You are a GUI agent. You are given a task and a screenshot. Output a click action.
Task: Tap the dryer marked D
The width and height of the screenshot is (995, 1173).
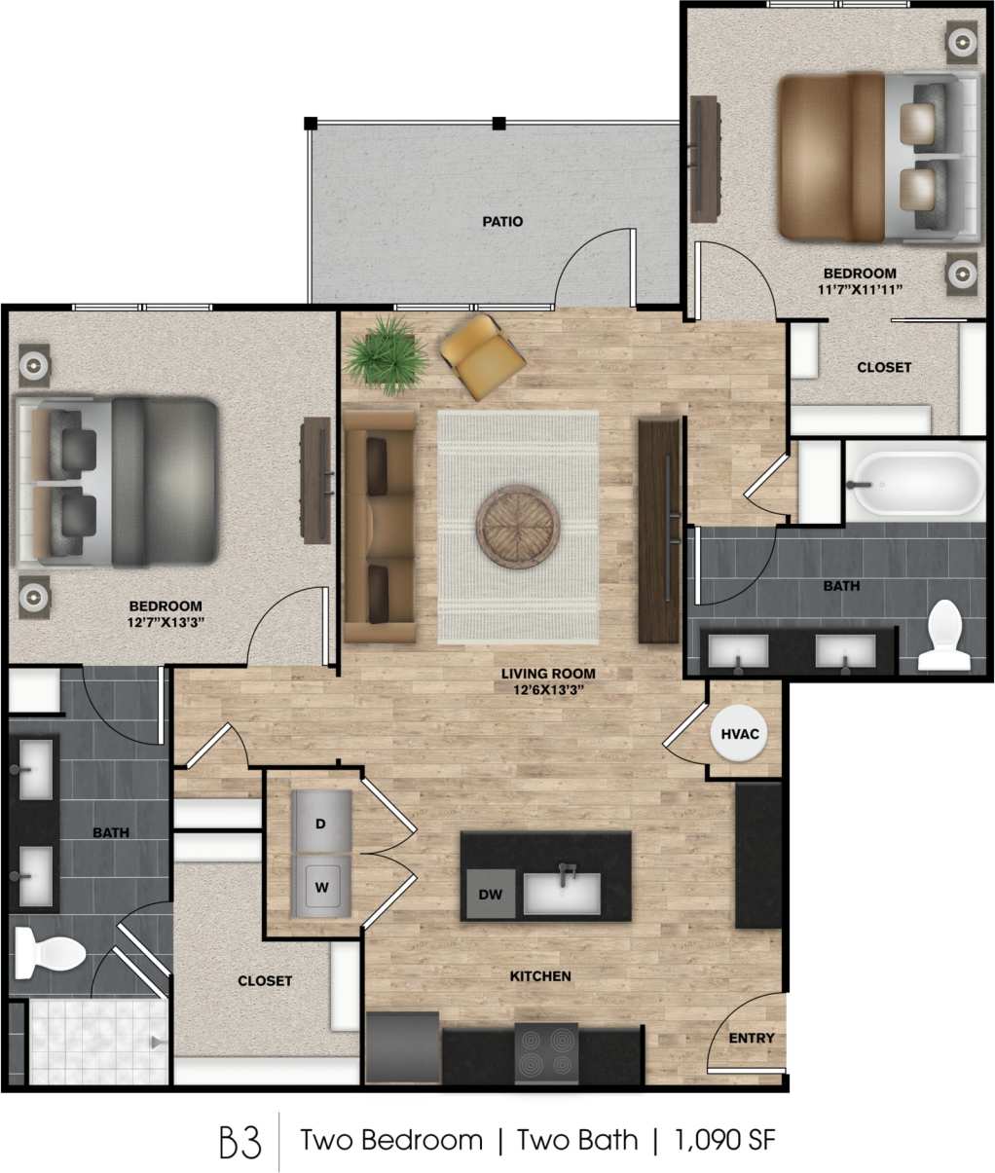click(x=320, y=824)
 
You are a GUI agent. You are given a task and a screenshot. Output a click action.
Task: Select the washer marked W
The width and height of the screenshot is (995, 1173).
click(x=320, y=887)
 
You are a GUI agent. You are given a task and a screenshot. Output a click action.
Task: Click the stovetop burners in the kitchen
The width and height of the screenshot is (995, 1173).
click(x=545, y=1053)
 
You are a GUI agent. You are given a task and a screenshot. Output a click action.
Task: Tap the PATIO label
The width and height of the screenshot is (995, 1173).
click(x=502, y=222)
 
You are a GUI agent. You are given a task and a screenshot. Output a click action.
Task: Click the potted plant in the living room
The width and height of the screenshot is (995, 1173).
click(x=387, y=352)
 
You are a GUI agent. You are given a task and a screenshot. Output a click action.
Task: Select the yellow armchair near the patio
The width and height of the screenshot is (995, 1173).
click(x=482, y=355)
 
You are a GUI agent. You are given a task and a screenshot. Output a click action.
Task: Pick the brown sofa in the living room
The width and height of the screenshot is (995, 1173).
click(x=379, y=527)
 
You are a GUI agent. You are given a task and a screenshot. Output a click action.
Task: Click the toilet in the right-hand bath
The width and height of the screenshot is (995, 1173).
click(x=942, y=636)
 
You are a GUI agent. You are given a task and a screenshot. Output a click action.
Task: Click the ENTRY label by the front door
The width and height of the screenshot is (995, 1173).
click(x=752, y=1039)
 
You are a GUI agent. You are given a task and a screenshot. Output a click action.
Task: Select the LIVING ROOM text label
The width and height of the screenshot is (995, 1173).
click(x=548, y=674)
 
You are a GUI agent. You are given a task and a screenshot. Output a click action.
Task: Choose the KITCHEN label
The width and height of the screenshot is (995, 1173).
click(x=540, y=975)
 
